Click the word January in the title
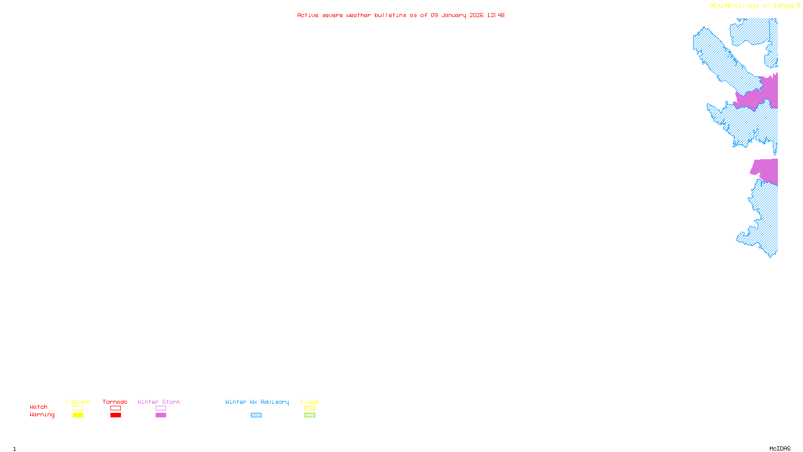(454, 15)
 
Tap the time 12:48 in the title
(495, 15)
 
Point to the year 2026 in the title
(476, 15)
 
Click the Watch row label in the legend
(39, 407)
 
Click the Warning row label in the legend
(42, 415)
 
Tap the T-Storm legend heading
(77, 402)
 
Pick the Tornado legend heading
(115, 402)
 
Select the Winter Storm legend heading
(159, 402)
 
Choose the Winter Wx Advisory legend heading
(257, 402)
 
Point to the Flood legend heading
(310, 402)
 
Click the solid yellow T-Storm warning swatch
(78, 415)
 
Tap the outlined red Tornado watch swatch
(115, 408)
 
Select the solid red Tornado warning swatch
(115, 415)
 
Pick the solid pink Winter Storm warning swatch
(161, 415)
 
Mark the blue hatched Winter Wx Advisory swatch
(256, 415)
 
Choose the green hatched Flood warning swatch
(310, 415)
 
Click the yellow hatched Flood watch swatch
(310, 408)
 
